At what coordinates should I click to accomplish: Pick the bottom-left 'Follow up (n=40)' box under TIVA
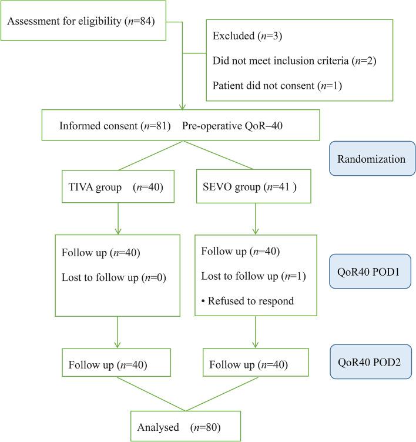[x=116, y=365]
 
